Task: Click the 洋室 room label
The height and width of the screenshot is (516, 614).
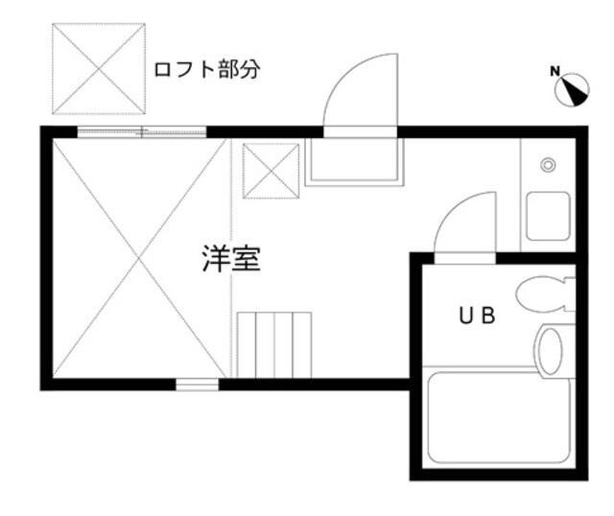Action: click(x=230, y=259)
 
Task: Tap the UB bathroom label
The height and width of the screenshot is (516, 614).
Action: click(x=475, y=316)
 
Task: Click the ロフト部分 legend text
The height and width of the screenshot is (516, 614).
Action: click(x=207, y=70)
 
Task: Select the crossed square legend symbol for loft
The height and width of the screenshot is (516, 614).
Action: click(x=98, y=67)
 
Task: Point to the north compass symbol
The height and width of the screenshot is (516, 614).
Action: click(x=573, y=89)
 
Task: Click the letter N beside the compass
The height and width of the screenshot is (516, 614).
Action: click(x=555, y=70)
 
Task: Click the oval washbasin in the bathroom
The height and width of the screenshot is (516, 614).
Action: click(x=553, y=351)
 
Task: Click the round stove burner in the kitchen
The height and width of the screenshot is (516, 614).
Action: click(x=548, y=165)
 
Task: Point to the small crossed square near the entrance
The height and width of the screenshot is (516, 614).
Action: click(x=270, y=171)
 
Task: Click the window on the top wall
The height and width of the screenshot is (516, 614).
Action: click(x=141, y=132)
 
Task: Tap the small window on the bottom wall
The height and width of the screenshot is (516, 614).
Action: click(x=198, y=385)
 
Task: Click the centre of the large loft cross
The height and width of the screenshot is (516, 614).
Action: click(x=135, y=258)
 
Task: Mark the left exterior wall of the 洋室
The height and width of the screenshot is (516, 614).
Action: click(x=44, y=258)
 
